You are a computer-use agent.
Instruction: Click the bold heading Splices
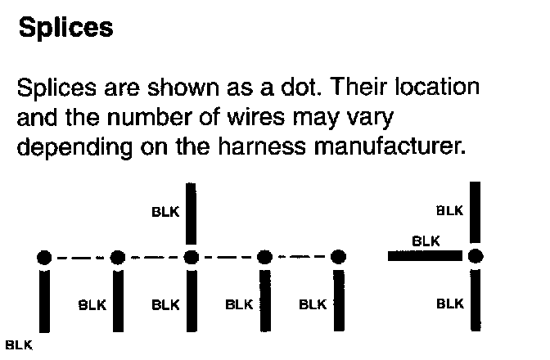65,28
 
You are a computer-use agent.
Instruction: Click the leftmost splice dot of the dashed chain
44,258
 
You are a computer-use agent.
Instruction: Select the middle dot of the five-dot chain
191,258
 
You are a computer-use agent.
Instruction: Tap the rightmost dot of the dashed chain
337,258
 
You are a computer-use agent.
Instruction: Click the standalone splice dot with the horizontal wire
475,256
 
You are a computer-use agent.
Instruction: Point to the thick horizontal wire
426,256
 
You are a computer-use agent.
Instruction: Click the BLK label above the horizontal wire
426,241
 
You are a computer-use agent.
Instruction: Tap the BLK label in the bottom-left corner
18,344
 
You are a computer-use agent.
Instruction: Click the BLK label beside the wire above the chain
165,211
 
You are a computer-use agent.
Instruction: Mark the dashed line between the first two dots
80,258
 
